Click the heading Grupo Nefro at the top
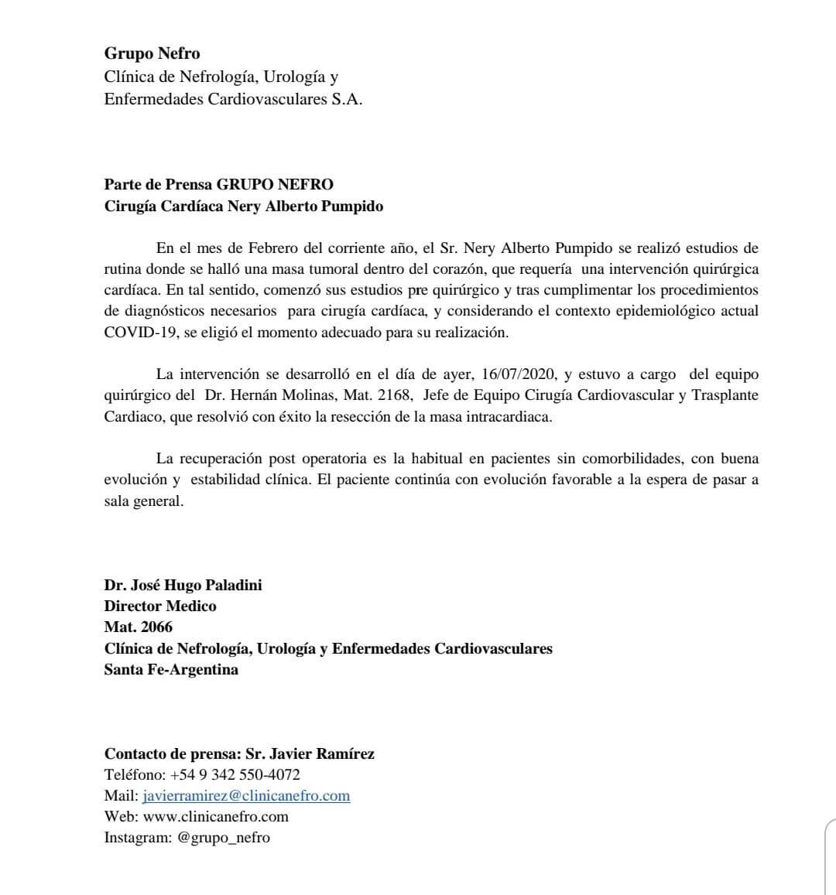point(152,53)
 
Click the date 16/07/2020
point(518,374)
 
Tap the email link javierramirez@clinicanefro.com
point(246,795)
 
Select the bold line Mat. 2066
point(139,627)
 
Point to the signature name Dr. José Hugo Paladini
point(183,585)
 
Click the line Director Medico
point(160,606)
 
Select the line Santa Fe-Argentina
point(171,669)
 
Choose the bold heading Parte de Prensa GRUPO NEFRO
point(219,185)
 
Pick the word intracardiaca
point(509,416)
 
